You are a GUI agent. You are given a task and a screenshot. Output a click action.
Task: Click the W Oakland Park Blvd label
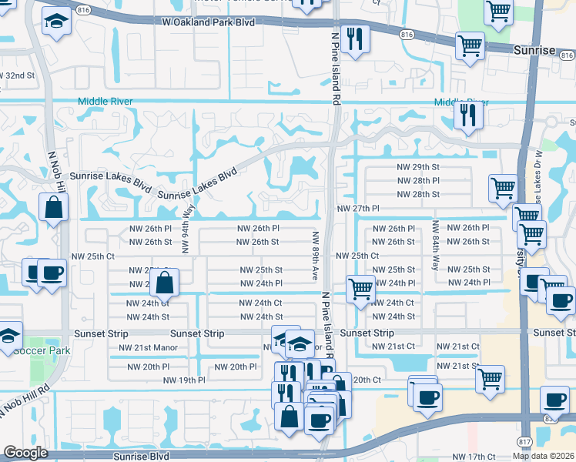pos(209,22)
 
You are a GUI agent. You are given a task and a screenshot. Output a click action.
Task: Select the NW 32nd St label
pos(18,75)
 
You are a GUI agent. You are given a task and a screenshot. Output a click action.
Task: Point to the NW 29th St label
pos(418,166)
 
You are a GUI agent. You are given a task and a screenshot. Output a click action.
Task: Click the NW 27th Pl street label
pos(358,209)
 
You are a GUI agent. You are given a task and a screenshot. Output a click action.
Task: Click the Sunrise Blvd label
pos(141,456)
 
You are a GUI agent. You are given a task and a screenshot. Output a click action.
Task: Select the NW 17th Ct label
pos(474,457)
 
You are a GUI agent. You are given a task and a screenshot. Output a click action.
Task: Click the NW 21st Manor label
pos(148,347)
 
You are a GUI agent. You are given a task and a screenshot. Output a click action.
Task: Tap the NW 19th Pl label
pos(184,380)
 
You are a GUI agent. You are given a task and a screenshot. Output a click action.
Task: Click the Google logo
pos(25,453)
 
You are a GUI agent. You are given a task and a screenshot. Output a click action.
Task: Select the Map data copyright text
pos(544,456)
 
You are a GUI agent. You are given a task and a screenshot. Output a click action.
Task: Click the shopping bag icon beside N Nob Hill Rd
pos(53,208)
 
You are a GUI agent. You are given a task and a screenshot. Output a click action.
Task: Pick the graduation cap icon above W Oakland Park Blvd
pos(55,22)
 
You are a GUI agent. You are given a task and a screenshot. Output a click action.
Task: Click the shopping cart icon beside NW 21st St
pos(490,379)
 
